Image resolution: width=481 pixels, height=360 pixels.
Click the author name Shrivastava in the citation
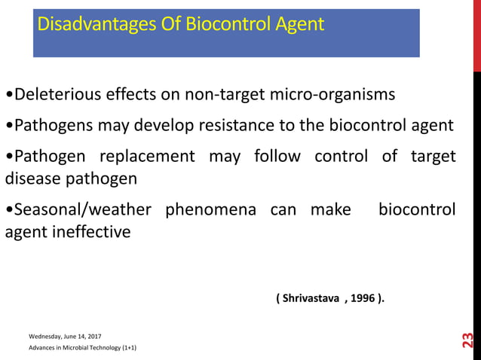coord(311,298)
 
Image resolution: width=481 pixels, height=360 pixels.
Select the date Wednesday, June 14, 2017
coord(66,336)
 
